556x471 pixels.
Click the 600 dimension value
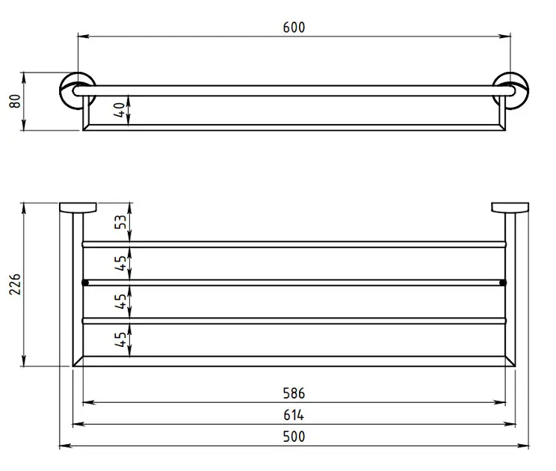(x=294, y=28)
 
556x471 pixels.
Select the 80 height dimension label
(x=15, y=101)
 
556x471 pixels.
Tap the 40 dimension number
(x=120, y=110)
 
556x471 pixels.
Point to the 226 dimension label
(x=15, y=284)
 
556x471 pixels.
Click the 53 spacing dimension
(x=120, y=222)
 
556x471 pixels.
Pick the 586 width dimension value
(x=294, y=393)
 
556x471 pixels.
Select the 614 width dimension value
(x=294, y=415)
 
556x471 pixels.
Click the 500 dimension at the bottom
(x=294, y=437)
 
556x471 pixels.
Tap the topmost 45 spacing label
(x=120, y=263)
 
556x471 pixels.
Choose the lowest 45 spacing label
(x=120, y=339)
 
